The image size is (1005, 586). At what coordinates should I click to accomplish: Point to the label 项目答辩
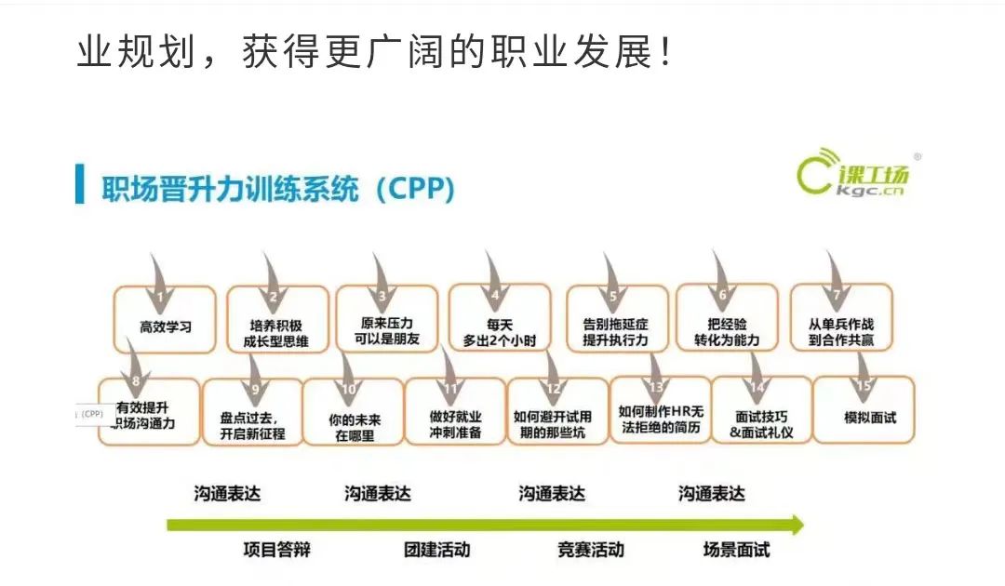276,550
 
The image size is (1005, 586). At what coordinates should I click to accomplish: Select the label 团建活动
437,550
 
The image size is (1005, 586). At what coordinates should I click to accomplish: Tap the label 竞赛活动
591,550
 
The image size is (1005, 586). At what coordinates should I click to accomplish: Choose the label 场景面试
736,550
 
